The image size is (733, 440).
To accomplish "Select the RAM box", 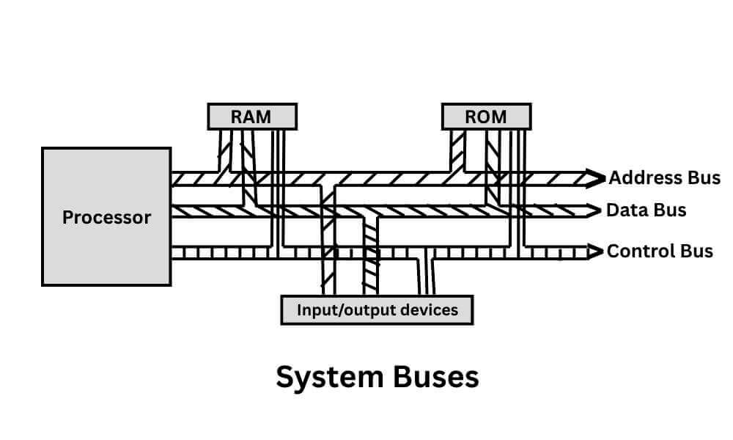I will [252, 117].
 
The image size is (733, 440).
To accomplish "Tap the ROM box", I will [486, 117].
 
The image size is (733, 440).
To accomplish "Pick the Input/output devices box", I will [377, 309].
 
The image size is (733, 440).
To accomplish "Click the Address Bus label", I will [664, 177].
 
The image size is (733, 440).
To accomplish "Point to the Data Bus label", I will [646, 210].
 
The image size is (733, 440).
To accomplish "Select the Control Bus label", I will [660, 251].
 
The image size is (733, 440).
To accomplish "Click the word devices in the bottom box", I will [428, 309].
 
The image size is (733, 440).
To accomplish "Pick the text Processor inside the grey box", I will [106, 218].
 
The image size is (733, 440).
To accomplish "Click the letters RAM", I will [252, 117].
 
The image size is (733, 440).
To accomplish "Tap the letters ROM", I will [486, 117].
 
